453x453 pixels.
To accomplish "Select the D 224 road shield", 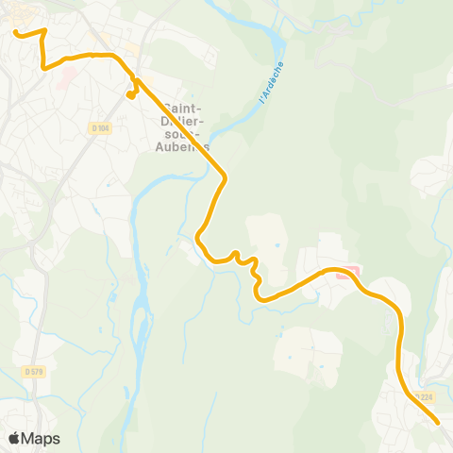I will click(424, 396).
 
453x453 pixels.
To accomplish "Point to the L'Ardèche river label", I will click(271, 82).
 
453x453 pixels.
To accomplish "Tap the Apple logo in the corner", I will click(16, 438).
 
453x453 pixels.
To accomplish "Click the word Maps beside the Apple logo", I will click(42, 438).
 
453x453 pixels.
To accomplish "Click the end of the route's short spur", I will click(129, 94).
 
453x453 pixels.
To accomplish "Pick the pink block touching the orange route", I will click(350, 274).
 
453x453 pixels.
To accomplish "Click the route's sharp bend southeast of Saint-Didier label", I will click(225, 176).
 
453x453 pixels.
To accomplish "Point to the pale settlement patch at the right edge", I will click(434, 175).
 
